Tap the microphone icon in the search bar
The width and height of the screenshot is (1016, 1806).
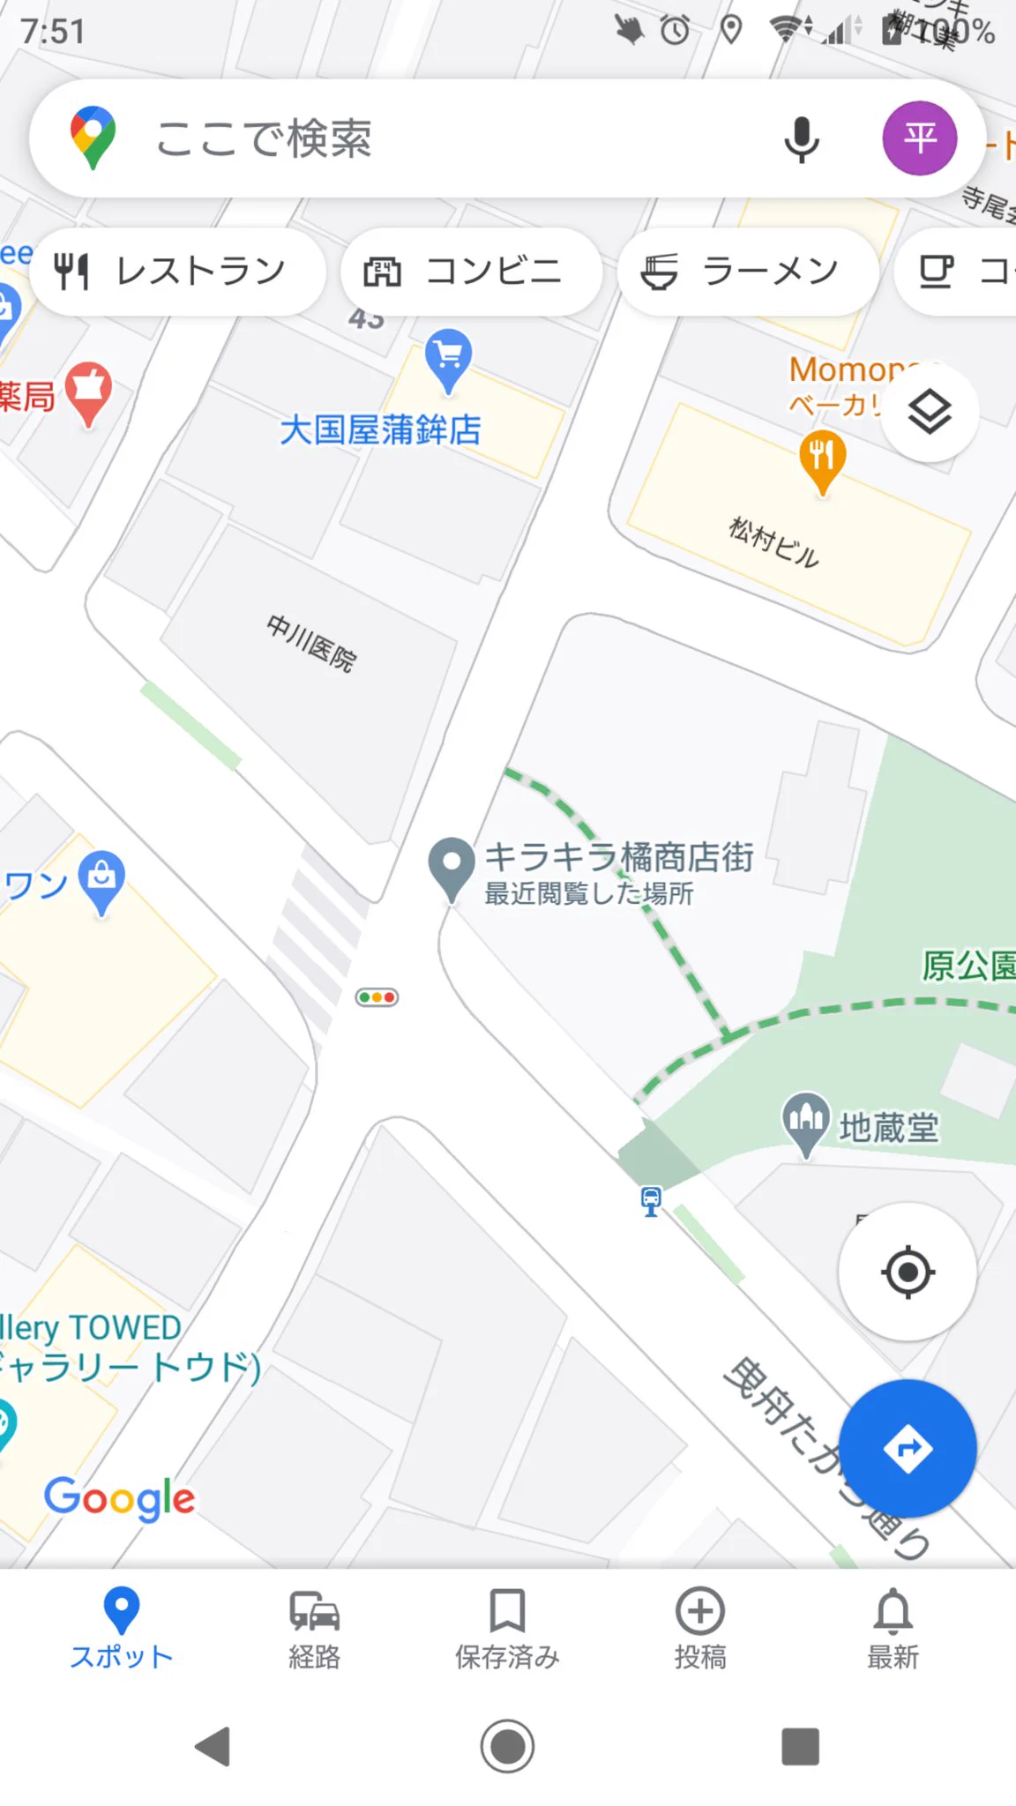[801, 139]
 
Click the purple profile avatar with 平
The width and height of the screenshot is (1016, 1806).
[919, 138]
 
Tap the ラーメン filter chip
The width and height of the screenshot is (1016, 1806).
[748, 272]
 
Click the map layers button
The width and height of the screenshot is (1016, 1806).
[930, 413]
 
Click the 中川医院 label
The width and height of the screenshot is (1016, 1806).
[311, 643]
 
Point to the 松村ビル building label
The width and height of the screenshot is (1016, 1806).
[774, 542]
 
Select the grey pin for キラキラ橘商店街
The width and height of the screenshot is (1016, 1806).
[452, 865]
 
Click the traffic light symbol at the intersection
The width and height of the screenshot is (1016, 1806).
[377, 997]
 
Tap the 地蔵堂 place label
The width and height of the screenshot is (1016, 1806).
[888, 1127]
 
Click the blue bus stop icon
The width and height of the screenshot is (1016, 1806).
[651, 1200]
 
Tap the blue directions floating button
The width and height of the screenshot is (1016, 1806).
[907, 1448]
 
